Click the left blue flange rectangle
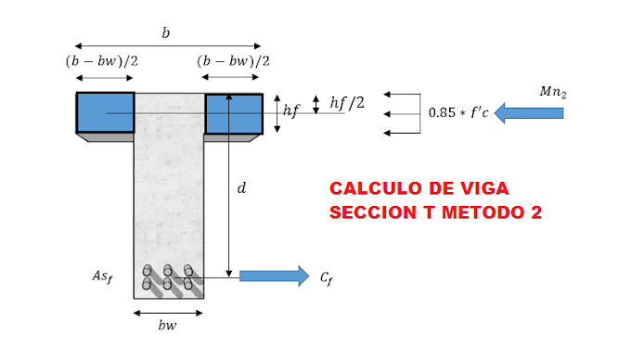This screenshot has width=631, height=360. (x=105, y=112)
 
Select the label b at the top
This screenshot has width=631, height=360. (x=166, y=33)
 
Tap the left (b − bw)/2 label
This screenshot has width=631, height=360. (x=102, y=61)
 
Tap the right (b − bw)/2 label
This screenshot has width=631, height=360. (x=233, y=61)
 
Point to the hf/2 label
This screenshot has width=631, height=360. (x=347, y=103)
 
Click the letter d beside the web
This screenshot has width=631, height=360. (x=241, y=188)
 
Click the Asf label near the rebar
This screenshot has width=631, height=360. (x=102, y=276)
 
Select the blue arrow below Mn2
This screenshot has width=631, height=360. (x=529, y=113)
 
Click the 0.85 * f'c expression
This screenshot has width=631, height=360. (x=457, y=113)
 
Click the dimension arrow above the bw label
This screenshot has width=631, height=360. (x=168, y=313)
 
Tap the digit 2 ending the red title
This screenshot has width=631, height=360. (x=535, y=212)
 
